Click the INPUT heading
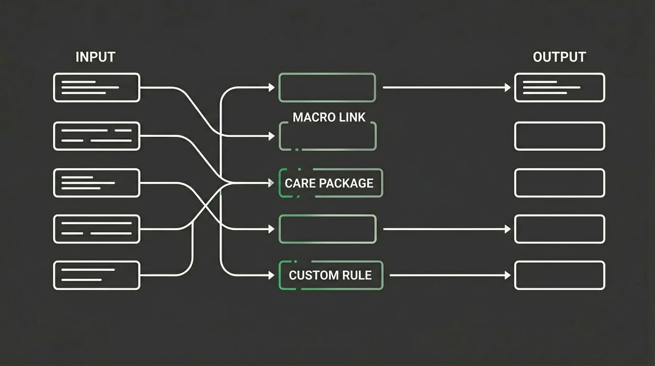95,57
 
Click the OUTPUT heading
559,57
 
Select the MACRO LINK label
329,117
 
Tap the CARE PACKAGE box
329,183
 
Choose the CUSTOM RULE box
330,275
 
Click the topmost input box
97,87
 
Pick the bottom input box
97,275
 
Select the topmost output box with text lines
559,87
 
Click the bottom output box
559,275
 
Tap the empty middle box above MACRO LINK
327,87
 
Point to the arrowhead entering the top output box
508,87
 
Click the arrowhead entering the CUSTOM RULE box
272,275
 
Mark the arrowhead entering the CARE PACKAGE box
272,183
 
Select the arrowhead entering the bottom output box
508,275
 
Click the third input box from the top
97,183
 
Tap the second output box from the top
559,136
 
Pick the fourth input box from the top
97,229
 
